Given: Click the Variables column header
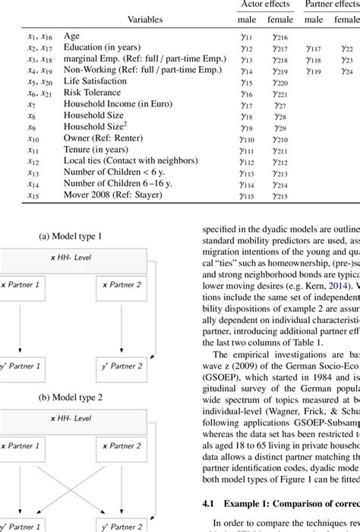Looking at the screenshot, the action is coord(148,18).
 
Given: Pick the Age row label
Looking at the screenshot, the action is coord(72,35).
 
